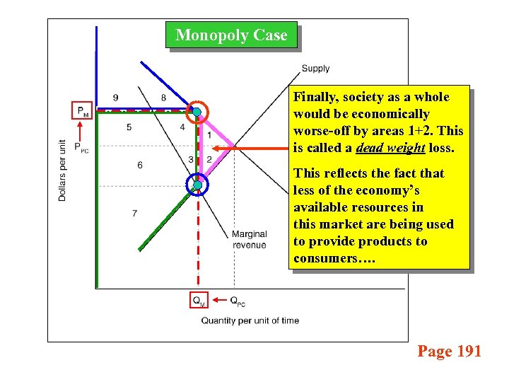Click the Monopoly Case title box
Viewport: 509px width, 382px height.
coord(231,35)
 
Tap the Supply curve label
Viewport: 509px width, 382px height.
coord(315,69)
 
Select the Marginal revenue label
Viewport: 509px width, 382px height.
coord(249,239)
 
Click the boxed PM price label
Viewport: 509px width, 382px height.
coord(82,110)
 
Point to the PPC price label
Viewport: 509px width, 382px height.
coord(82,147)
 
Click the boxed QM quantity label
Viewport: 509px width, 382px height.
coord(199,301)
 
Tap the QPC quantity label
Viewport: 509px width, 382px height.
coord(238,301)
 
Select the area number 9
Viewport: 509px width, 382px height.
coord(115,98)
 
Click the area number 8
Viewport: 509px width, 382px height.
coord(163,98)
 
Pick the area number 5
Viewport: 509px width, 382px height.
coord(129,127)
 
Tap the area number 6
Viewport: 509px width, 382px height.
coord(140,165)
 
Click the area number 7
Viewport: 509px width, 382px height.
coord(134,213)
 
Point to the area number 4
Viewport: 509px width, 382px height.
coord(182,127)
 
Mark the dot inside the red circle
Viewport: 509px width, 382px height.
coord(197,112)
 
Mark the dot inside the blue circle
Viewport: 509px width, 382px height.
coord(198,185)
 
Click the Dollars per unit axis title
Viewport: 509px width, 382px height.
coord(62,170)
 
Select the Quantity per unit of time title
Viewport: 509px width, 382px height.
coord(250,320)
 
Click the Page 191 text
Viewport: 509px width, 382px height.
coord(449,351)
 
